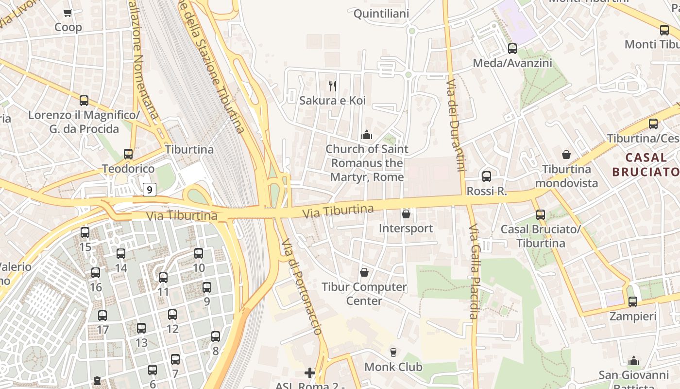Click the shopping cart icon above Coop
click(x=68, y=13)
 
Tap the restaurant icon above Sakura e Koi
click(x=333, y=86)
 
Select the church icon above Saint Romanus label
click(x=367, y=134)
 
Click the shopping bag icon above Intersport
click(x=406, y=214)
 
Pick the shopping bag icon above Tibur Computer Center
click(x=364, y=272)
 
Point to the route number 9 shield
click(x=150, y=189)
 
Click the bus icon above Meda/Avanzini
click(x=512, y=49)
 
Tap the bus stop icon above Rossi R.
click(x=487, y=177)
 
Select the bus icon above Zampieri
click(x=633, y=302)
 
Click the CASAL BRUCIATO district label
click(x=646, y=164)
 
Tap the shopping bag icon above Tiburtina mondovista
click(x=566, y=155)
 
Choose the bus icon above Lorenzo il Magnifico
click(x=84, y=101)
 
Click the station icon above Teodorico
click(x=128, y=154)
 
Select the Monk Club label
click(x=393, y=367)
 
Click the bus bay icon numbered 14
click(x=121, y=254)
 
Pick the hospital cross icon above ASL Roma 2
click(x=310, y=373)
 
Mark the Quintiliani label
click(x=381, y=14)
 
